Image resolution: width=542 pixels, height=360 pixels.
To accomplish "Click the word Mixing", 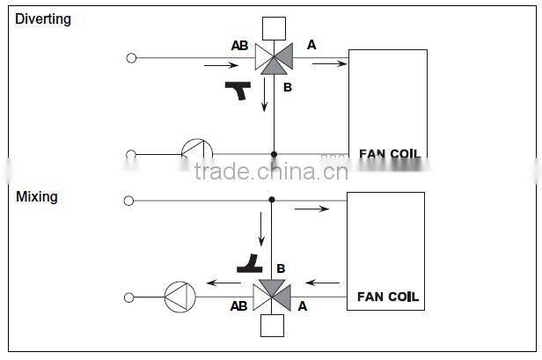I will click(x=37, y=196).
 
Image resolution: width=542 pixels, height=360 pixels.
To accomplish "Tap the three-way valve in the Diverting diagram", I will click(x=274, y=59).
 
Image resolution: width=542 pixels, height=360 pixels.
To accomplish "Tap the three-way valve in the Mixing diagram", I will click(x=272, y=297).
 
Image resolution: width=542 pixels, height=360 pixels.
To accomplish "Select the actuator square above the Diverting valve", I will click(x=274, y=26).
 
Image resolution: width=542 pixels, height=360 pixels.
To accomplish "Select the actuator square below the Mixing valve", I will click(x=272, y=327).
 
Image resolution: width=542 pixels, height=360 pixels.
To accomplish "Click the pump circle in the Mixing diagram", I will click(x=179, y=297).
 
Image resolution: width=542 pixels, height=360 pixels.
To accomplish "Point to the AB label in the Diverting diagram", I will click(x=239, y=45).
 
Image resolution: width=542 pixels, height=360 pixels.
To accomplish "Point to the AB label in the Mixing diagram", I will click(x=238, y=306).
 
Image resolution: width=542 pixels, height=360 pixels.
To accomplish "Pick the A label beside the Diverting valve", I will click(x=311, y=43).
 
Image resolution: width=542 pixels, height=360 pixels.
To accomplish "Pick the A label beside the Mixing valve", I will click(x=302, y=306).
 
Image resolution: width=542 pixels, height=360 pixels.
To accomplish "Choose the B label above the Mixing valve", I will click(x=281, y=268).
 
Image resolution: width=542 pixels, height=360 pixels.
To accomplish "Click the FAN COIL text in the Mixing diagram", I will click(x=388, y=297).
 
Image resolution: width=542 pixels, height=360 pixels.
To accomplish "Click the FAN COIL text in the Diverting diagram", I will click(x=390, y=154).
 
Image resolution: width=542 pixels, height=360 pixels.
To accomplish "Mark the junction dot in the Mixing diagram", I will click(x=272, y=201).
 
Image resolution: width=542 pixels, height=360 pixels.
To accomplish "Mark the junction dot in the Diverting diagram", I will click(x=274, y=154).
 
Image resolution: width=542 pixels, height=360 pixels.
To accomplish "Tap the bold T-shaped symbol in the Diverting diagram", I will click(x=238, y=89).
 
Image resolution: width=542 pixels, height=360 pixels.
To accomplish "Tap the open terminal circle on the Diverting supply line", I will click(x=131, y=59).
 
